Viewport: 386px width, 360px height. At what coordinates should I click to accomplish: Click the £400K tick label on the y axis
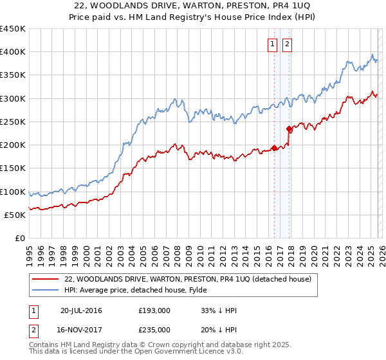click(x=13, y=52)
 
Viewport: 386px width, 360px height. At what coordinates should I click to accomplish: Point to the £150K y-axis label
click(x=13, y=168)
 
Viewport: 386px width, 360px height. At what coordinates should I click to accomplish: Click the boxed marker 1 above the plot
click(x=273, y=44)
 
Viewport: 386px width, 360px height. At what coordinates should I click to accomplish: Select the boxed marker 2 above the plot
click(x=287, y=44)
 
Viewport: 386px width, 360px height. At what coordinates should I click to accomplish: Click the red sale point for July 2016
click(x=274, y=148)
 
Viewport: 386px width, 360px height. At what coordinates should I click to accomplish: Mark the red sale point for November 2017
click(x=289, y=129)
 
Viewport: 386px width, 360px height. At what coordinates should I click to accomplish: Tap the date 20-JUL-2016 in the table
click(x=81, y=310)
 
